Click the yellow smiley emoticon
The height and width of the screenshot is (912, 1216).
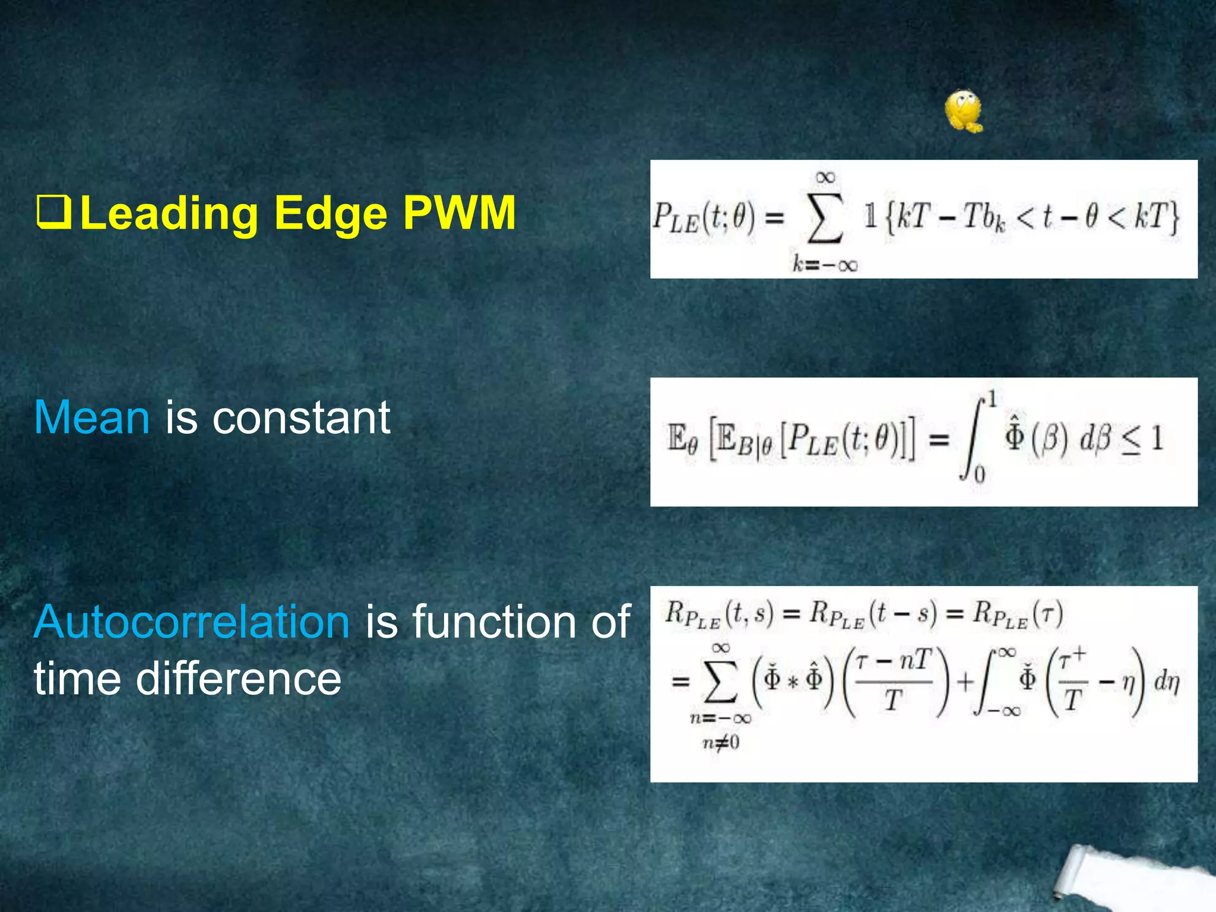pos(963,112)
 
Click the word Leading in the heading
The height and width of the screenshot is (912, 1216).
pos(169,214)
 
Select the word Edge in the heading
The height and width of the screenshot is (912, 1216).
pos(331,214)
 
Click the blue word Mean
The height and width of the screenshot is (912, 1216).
pos(92,417)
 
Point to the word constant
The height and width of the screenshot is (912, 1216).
pos(301,417)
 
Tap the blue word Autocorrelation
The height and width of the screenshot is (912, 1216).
pos(191,622)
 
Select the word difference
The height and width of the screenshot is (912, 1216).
pos(239,679)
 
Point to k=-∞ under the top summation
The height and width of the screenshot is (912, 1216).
pos(825,264)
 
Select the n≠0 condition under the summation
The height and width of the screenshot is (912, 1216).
pos(721,742)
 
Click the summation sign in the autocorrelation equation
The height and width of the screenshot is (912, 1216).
pos(720,683)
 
